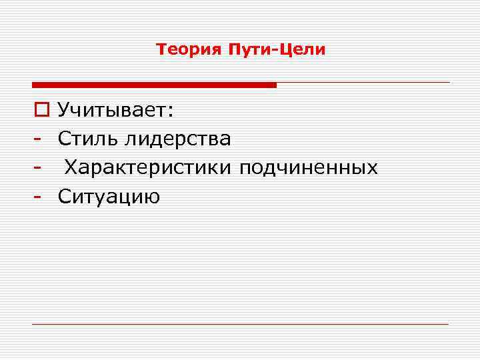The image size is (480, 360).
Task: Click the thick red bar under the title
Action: pos(154,85)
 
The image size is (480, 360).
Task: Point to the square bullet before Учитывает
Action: pos(39,111)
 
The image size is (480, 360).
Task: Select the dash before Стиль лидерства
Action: pos(39,140)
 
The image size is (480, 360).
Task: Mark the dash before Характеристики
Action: pos(39,169)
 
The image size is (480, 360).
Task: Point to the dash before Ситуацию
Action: pos(39,197)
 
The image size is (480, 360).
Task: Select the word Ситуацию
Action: pos(109,196)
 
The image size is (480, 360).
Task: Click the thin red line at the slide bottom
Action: pos(240,324)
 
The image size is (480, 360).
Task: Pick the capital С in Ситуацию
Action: pos(64,196)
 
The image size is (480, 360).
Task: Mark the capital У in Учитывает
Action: pos(64,111)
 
